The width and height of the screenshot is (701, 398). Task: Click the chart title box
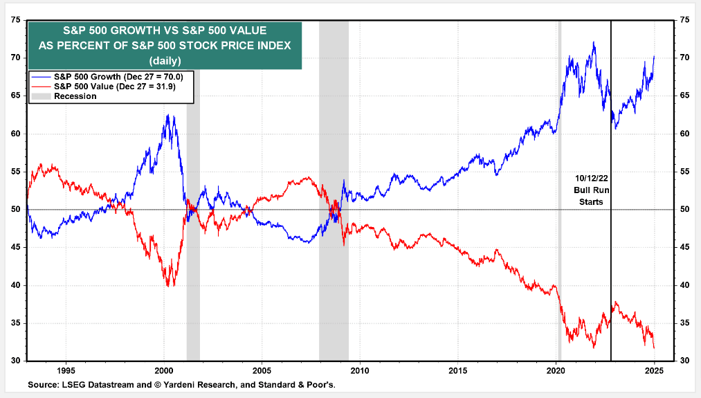pyautogui.click(x=164, y=45)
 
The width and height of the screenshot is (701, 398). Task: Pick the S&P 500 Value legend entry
pyautogui.click(x=109, y=86)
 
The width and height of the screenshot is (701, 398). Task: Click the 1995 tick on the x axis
pyautogui.click(x=66, y=370)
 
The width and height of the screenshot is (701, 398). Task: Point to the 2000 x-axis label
pyautogui.click(x=164, y=370)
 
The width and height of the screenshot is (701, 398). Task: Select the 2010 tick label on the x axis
pyautogui.click(x=361, y=370)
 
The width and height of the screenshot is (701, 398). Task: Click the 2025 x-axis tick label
pyautogui.click(x=655, y=370)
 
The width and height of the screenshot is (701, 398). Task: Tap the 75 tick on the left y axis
pyautogui.click(x=16, y=20)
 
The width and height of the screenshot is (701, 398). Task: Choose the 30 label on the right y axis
pyautogui.click(x=685, y=361)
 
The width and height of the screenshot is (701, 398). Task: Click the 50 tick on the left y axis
pyautogui.click(x=16, y=210)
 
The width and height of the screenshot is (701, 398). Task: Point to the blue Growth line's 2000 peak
pyautogui.click(x=167, y=115)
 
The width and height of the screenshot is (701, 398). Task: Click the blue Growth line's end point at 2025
pyautogui.click(x=655, y=57)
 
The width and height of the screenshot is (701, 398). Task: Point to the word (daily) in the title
pyautogui.click(x=164, y=60)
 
